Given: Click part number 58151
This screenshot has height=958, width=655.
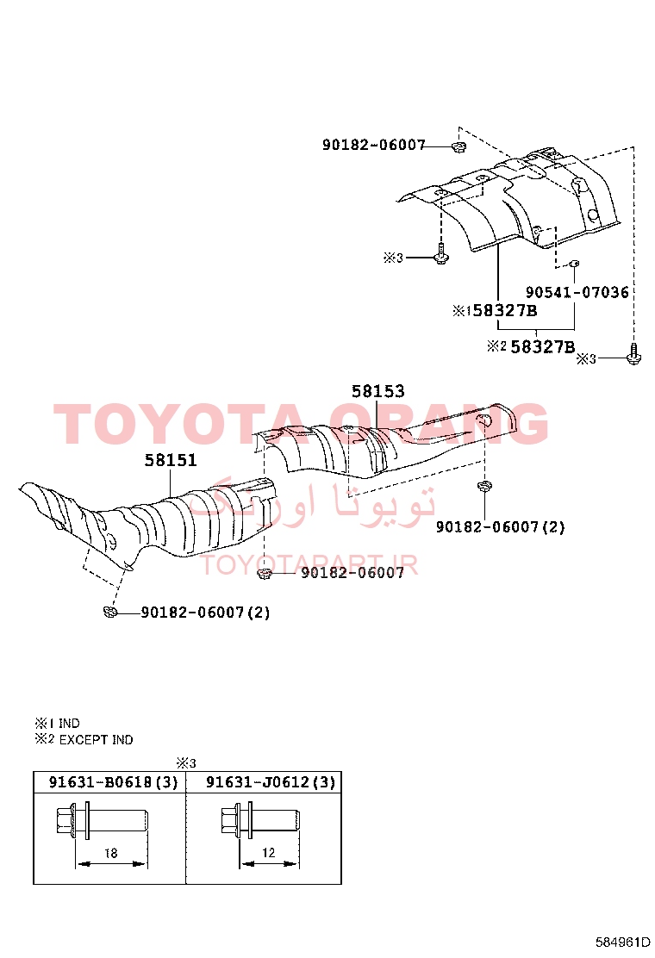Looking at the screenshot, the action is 171,460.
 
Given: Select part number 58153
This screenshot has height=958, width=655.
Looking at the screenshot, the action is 377,391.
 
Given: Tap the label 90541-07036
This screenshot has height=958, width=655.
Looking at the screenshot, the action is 577,293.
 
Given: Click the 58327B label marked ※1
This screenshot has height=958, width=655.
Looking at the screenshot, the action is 505,310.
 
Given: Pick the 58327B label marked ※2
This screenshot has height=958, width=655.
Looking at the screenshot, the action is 543,347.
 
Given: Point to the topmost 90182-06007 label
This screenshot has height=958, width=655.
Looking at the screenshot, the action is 373,145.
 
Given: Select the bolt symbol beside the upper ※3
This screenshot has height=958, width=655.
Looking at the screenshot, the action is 441,254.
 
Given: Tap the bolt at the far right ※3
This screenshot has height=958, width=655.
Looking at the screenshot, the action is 633,355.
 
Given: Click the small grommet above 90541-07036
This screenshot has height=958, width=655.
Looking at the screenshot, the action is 574,264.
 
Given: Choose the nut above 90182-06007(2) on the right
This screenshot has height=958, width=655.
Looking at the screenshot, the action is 484,486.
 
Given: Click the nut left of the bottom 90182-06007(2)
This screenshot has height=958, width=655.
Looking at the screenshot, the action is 110,610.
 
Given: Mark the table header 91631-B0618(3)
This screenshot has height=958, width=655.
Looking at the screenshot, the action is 113,782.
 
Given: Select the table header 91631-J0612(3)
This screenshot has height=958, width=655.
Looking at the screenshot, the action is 271,782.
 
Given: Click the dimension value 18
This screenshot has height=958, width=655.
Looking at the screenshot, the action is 110,853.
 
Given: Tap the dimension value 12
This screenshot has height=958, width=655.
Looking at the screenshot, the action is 269,852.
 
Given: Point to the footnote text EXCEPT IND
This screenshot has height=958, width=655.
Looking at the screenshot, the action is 96,740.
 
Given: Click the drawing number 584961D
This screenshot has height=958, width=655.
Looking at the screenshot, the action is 622,942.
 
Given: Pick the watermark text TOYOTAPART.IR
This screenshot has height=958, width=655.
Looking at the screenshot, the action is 309,565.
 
